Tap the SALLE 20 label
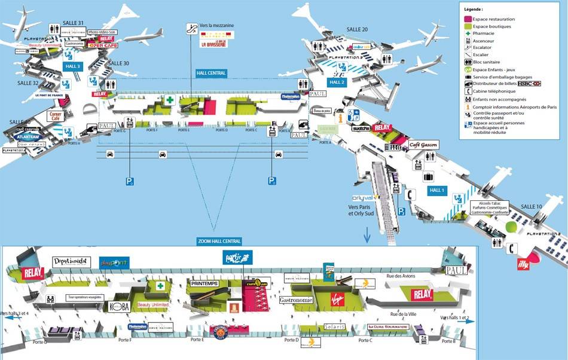(x=357, y=29)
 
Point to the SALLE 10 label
(x=532, y=206)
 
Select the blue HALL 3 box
(x=72, y=66)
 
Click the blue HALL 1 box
(x=437, y=190)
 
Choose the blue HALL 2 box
(x=337, y=82)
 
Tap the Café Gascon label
(x=424, y=145)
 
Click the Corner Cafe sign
(x=56, y=115)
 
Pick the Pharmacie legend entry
(x=483, y=33)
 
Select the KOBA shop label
(x=119, y=306)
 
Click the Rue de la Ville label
(x=403, y=314)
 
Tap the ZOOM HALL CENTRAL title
(x=219, y=241)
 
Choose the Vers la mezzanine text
(x=217, y=26)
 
